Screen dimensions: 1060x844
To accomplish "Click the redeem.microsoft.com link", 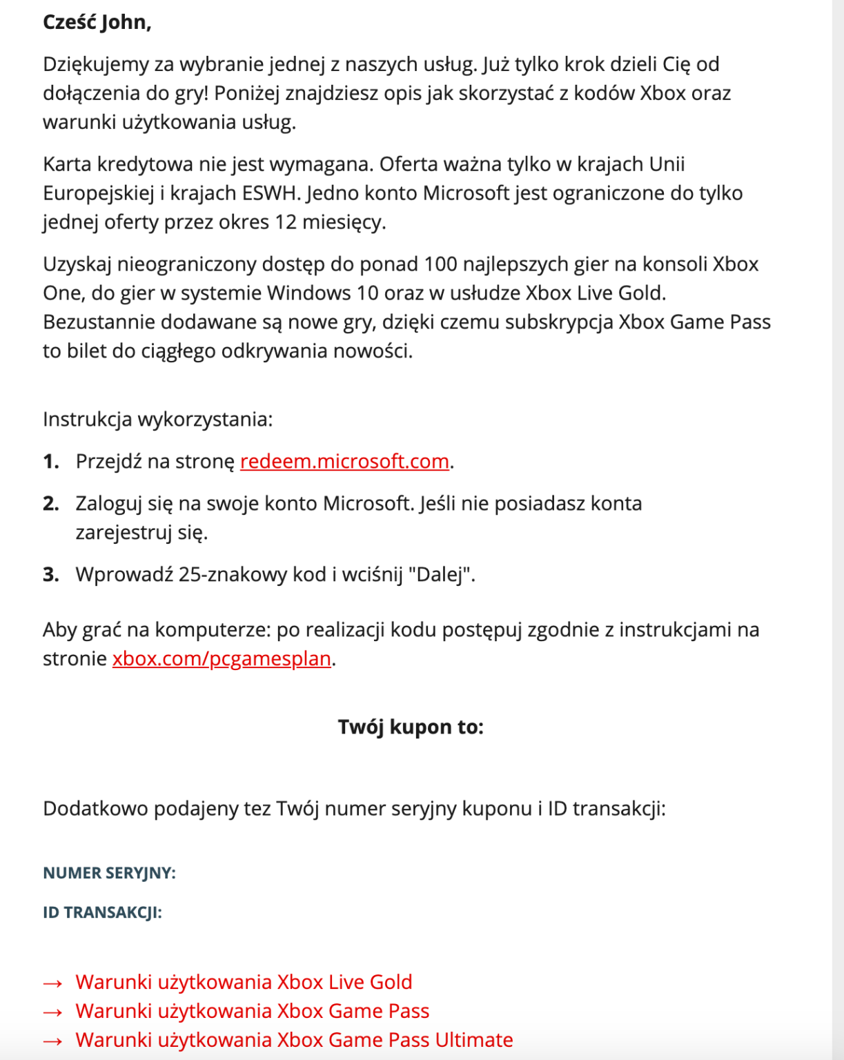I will pyautogui.click(x=344, y=461).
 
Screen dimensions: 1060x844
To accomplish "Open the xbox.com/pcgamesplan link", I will pyautogui.click(x=222, y=658).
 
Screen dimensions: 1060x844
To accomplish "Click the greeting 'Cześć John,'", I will pyautogui.click(x=97, y=22).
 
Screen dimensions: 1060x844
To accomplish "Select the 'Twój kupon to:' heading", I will pyautogui.click(x=411, y=727).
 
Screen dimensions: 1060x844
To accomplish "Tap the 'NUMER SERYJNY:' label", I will pyautogui.click(x=109, y=873).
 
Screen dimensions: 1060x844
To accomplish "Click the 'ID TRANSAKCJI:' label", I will pyautogui.click(x=102, y=912).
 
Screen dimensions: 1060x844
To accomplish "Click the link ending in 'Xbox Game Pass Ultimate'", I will pyautogui.click(x=294, y=1039).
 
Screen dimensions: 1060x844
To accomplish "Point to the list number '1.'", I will pyautogui.click(x=51, y=461).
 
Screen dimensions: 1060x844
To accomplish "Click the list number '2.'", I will pyautogui.click(x=51, y=504).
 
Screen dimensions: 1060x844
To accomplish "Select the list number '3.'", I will pyautogui.click(x=51, y=574).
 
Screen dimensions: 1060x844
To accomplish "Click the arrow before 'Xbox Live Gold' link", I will pyautogui.click(x=53, y=983).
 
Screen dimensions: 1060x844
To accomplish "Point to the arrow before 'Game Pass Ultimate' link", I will pyautogui.click(x=53, y=1041).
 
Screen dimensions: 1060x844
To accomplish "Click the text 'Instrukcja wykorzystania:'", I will pyautogui.click(x=158, y=419).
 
